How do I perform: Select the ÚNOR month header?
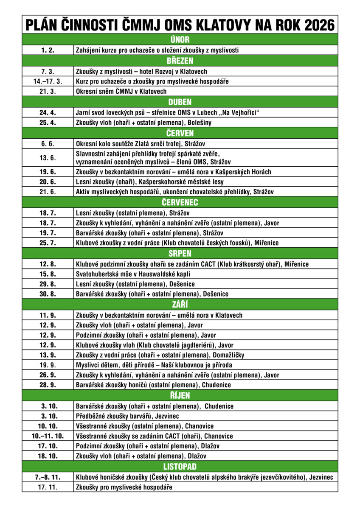(x=180, y=40)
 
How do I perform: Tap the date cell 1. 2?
(x=48, y=50)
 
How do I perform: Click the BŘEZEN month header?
(x=180, y=61)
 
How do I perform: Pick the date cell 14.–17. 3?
(x=48, y=81)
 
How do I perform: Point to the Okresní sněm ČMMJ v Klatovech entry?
(x=121, y=91)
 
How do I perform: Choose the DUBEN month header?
(x=180, y=102)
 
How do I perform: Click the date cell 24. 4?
(x=48, y=112)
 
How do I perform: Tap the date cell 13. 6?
(x=48, y=158)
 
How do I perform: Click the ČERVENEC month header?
(x=180, y=202)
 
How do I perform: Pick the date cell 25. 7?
(x=48, y=243)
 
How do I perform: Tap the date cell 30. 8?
(x=48, y=294)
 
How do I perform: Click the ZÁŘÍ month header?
(x=180, y=305)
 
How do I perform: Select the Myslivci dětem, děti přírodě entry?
(x=154, y=365)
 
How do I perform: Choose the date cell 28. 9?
(x=48, y=385)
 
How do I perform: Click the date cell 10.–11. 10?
(x=48, y=436)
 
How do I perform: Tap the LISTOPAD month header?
(x=180, y=467)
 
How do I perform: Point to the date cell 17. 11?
(x=48, y=487)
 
